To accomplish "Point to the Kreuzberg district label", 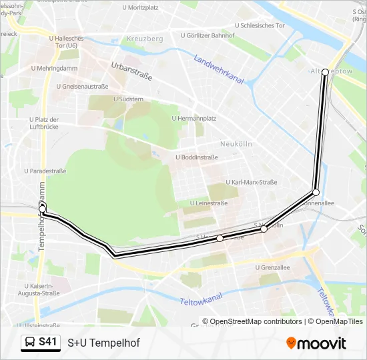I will pos(145,39).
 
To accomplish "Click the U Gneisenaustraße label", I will pos(83,86).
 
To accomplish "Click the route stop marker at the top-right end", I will pos(325,72).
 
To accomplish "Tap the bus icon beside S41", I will pos(30,343).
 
